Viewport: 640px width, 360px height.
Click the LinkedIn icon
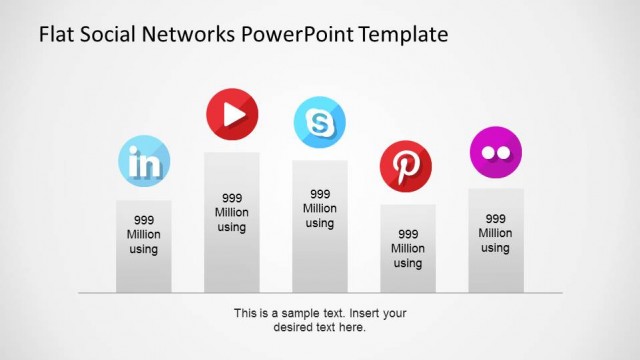pos(144,160)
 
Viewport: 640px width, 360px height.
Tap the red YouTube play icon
pos(232,115)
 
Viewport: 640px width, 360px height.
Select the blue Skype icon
pos(320,123)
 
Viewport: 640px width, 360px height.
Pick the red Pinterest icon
pos(407,166)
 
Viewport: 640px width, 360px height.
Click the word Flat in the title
pos(57,35)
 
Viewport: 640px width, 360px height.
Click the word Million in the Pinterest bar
pos(407,248)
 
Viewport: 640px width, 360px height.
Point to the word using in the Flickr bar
pos(495,248)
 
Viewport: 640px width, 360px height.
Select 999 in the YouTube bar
pos(232,198)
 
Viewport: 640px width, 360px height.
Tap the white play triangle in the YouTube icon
pos(234,115)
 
